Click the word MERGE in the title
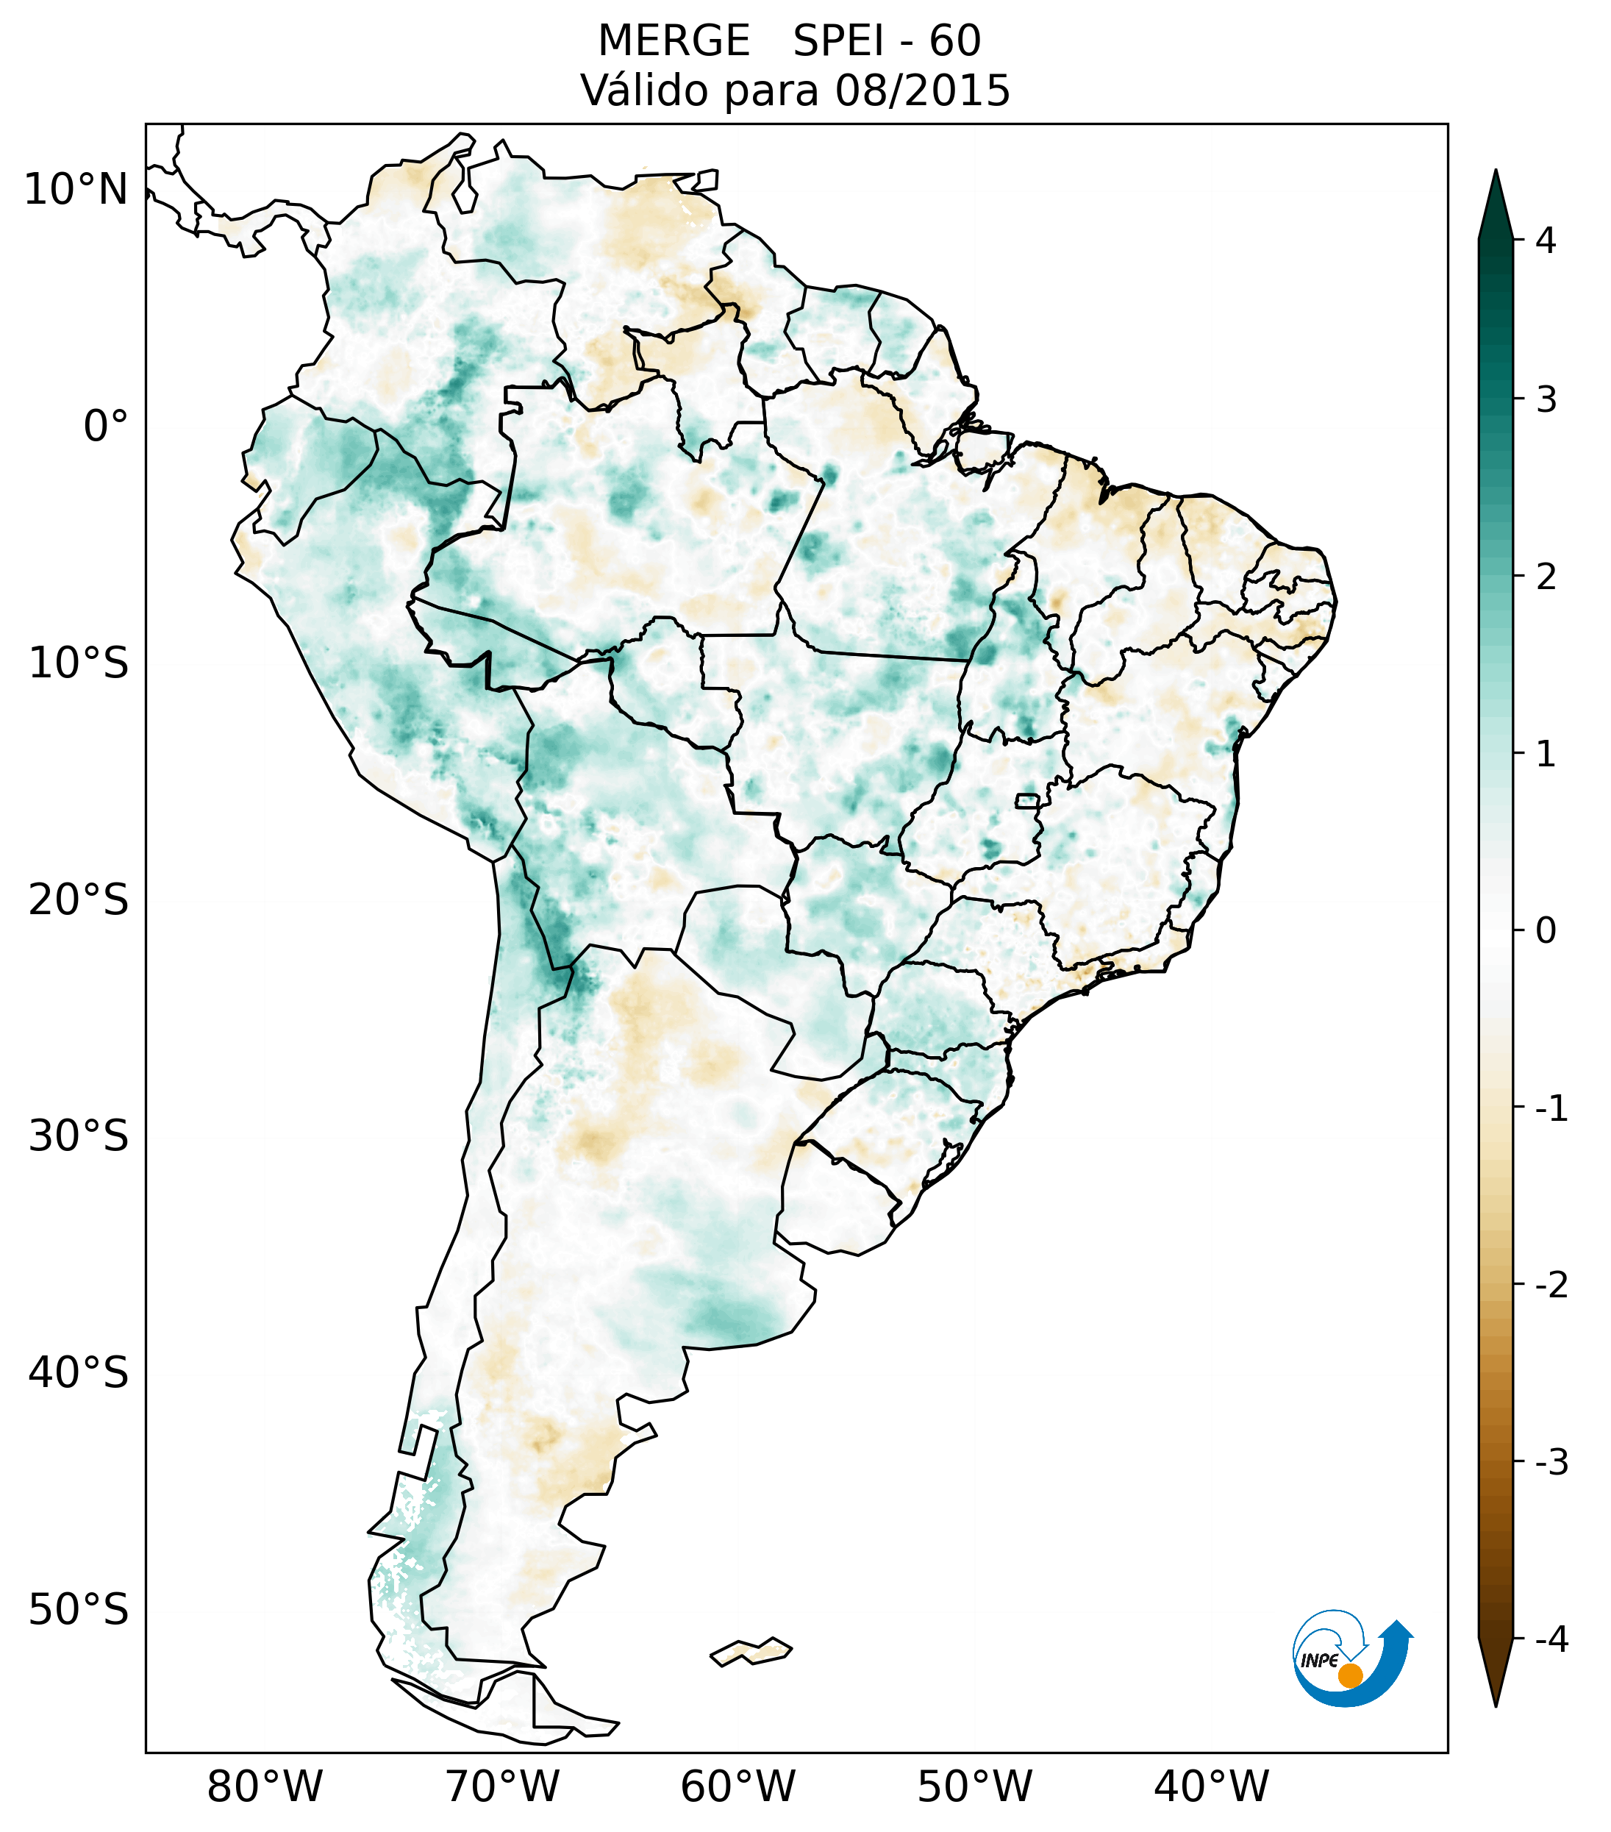pyautogui.click(x=674, y=41)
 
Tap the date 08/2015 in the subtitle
pyautogui.click(x=922, y=90)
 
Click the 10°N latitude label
pyautogui.click(x=76, y=190)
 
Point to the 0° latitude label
pyautogui.click(x=106, y=427)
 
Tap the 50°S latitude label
pyautogui.click(x=79, y=1610)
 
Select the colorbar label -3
pyautogui.click(x=1551, y=1462)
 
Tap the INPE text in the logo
pyautogui.click(x=1319, y=1661)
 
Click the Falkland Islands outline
pyautogui.click(x=751, y=1651)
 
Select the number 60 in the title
pyautogui.click(x=954, y=41)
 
